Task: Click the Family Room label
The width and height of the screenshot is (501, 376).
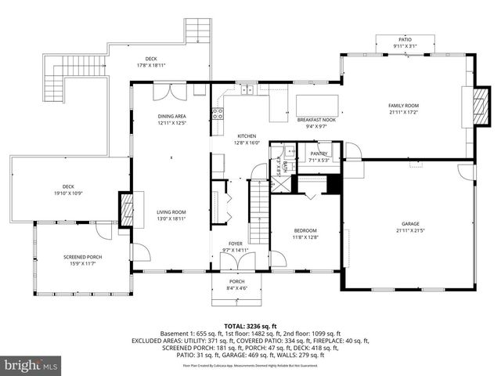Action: [404, 108]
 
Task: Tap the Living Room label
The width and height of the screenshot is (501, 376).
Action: [171, 215]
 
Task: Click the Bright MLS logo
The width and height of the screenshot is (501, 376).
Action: [31, 365]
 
